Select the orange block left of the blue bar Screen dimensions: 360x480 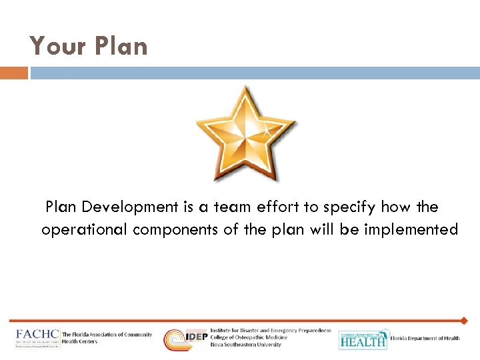pos(13,73)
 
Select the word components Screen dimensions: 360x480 pos(175,230)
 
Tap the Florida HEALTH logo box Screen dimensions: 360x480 pos(363,339)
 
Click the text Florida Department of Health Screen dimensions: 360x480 pos(425,339)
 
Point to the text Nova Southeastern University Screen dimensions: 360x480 pos(246,345)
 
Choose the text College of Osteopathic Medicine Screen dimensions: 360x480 pos(249,337)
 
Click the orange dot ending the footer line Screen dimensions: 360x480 pos(464,321)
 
